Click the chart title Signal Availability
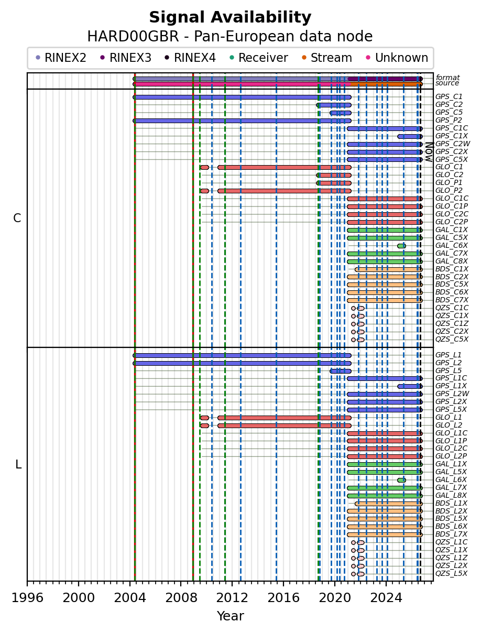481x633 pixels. tap(230, 17)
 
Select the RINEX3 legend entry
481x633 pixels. tap(126, 58)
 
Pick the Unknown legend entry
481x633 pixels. tap(397, 58)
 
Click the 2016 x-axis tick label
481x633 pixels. tap(283, 598)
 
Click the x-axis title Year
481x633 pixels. tap(231, 616)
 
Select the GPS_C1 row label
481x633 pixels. tap(449, 96)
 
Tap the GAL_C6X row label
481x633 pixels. tap(451, 245)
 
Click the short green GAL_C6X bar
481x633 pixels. tap(401, 246)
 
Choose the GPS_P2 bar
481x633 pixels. tap(242, 121)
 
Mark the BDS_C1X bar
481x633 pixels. tap(388, 270)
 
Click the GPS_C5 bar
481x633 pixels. tap(341, 113)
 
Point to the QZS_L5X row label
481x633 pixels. tap(451, 574)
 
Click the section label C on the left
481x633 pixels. tap(17, 219)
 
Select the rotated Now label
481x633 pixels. tap(429, 151)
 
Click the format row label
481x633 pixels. tap(447, 78)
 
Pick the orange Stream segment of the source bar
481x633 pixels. tap(386, 84)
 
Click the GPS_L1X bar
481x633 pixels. tap(410, 386)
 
